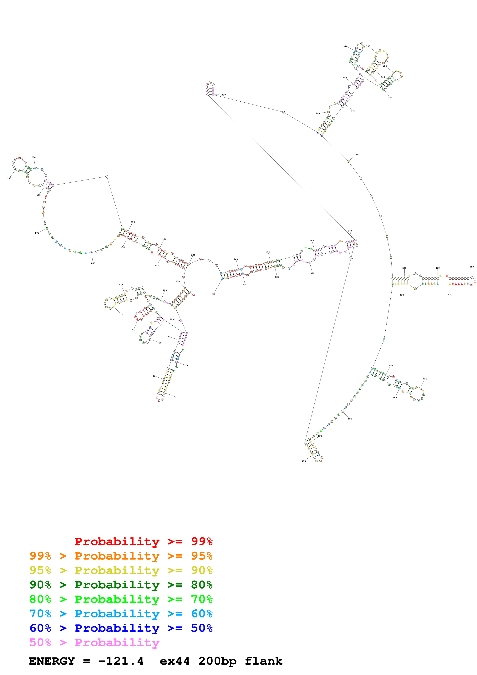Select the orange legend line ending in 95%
[x=121, y=556]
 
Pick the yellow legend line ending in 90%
[x=121, y=570]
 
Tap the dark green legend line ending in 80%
[x=121, y=585]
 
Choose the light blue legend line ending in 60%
[x=121, y=614]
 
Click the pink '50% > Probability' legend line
[x=94, y=642]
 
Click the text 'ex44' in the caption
[x=175, y=661]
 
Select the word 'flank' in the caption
[x=263, y=661]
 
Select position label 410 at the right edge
[x=471, y=267]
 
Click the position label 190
[x=9, y=178]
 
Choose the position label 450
[x=425, y=379]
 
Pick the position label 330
[x=368, y=46]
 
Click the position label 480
[x=350, y=419]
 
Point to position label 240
[x=236, y=260]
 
